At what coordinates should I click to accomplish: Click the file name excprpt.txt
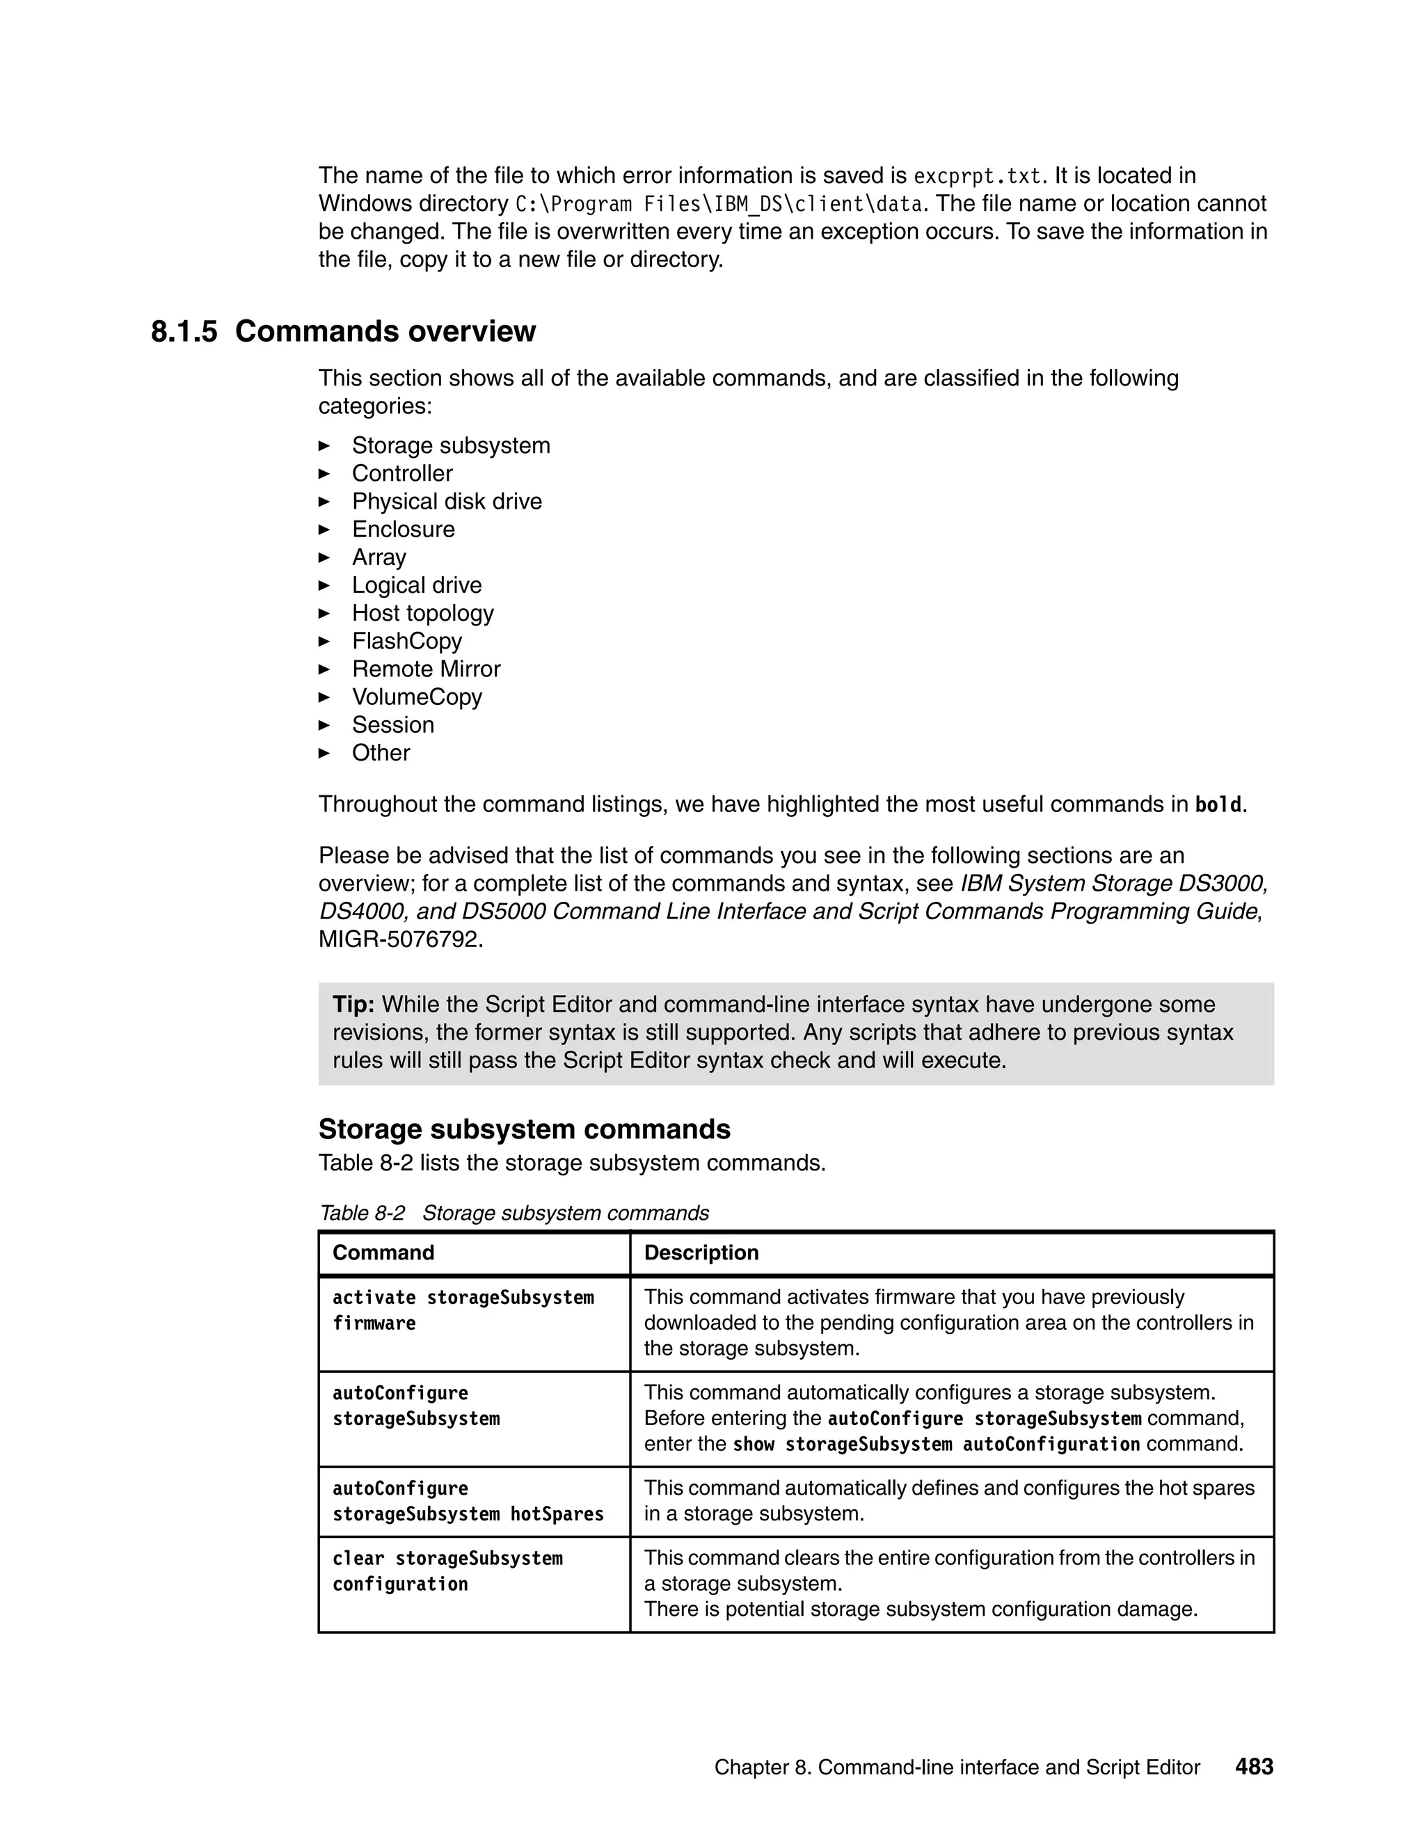[978, 177]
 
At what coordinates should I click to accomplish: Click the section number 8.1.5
[184, 332]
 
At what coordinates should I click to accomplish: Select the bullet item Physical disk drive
[447, 502]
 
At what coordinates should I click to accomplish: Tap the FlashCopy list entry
[407, 641]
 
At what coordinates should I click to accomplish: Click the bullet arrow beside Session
[324, 725]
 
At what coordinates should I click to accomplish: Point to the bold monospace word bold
[1218, 806]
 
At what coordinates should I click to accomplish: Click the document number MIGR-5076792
[400, 939]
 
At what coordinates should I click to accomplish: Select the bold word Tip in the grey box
[353, 1005]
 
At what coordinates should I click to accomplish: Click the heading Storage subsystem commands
[524, 1129]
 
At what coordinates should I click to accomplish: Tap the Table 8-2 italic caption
[514, 1214]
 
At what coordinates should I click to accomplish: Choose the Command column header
[383, 1253]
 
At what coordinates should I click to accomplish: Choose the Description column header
[701, 1253]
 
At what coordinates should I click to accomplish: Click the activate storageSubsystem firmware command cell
[463, 1310]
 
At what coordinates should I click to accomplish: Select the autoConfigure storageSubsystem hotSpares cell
[468, 1501]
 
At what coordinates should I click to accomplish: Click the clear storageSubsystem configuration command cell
[447, 1571]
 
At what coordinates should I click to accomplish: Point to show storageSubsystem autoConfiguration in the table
[937, 1445]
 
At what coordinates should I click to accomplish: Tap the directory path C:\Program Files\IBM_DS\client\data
[717, 205]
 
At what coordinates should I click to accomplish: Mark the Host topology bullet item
[422, 613]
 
